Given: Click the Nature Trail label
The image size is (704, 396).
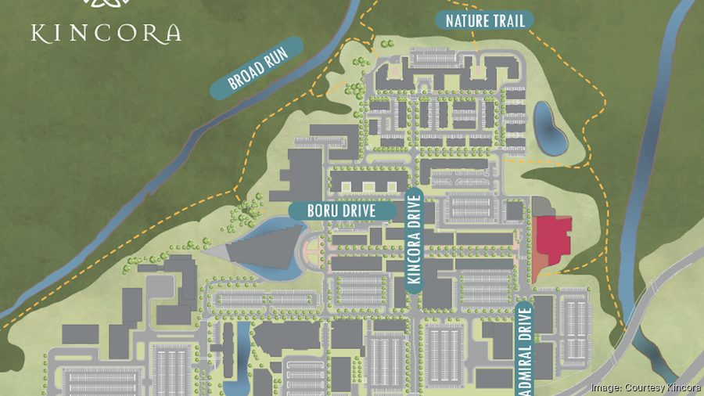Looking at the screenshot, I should pyautogui.click(x=484, y=20).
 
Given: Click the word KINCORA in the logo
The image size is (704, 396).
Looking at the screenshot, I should pyautogui.click(x=106, y=33).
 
